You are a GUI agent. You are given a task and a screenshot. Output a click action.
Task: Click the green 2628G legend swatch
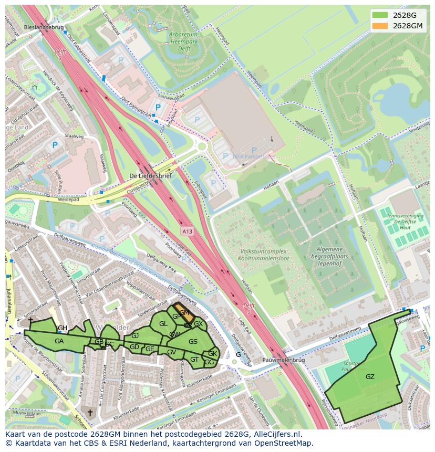coord(380,15)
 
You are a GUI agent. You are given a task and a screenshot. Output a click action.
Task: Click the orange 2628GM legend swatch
coord(380,26)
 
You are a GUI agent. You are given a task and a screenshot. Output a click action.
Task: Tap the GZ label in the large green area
coord(370,376)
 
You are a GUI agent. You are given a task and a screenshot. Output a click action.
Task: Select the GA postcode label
coord(59,341)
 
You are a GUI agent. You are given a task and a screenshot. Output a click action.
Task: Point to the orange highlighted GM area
coord(183,312)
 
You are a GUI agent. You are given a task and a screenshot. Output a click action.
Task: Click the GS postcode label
coord(193,342)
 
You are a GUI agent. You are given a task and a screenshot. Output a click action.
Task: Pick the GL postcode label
coord(163,324)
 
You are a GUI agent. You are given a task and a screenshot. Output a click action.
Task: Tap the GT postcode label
coord(194,360)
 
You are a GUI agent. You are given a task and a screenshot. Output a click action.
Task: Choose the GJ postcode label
coord(135,335)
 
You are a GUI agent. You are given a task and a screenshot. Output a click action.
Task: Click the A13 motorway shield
coord(188,230)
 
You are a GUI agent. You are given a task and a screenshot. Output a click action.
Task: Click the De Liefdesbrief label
coord(150,176)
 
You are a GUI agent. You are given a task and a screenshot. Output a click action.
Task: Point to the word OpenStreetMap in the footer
coord(283,443)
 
